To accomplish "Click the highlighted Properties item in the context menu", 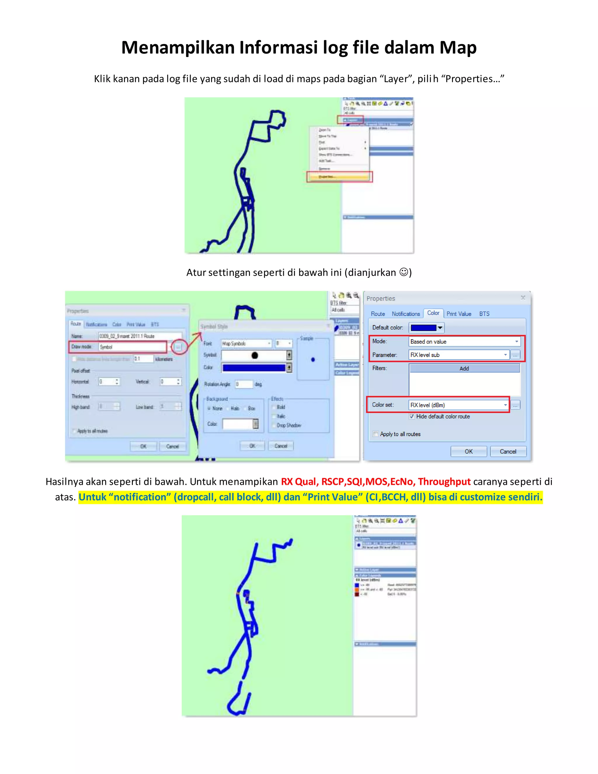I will (x=339, y=176).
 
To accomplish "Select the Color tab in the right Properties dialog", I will (x=433, y=313).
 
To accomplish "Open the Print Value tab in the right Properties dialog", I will (x=458, y=314).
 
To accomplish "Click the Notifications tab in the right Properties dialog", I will (x=406, y=314).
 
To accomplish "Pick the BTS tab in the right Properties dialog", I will (x=484, y=314).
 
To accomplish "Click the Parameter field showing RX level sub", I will (x=458, y=355).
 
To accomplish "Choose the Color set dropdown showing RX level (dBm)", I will (x=458, y=405).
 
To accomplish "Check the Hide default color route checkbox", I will (x=412, y=416).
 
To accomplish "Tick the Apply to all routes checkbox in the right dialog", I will (x=376, y=434).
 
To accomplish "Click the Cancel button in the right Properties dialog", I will (x=508, y=452).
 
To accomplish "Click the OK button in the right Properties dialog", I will (x=468, y=452).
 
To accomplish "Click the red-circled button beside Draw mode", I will (x=178, y=347).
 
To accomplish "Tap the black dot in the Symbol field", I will (x=254, y=355).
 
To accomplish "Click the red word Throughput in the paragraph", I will (x=444, y=482).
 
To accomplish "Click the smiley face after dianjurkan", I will (x=404, y=272).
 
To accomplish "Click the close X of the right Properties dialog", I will (x=523, y=298).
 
